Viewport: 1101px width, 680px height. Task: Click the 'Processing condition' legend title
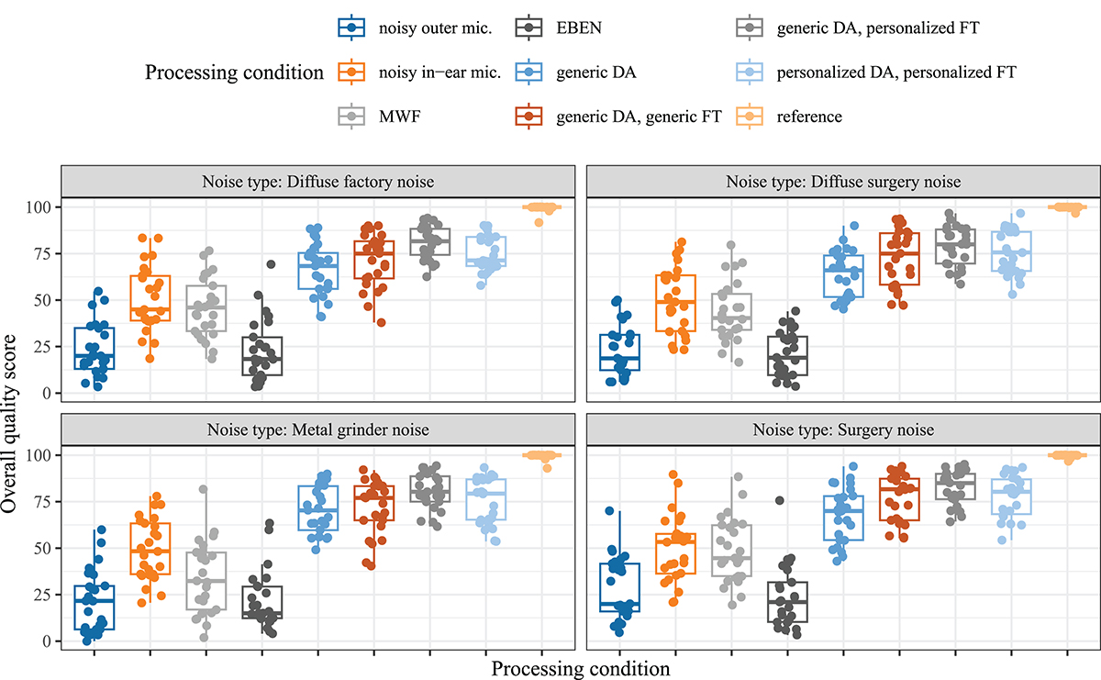(234, 72)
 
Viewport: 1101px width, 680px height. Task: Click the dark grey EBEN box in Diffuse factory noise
(262, 356)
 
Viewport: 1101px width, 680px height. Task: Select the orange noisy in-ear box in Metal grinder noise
(150, 549)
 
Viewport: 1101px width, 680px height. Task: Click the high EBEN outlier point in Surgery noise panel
(779, 500)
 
